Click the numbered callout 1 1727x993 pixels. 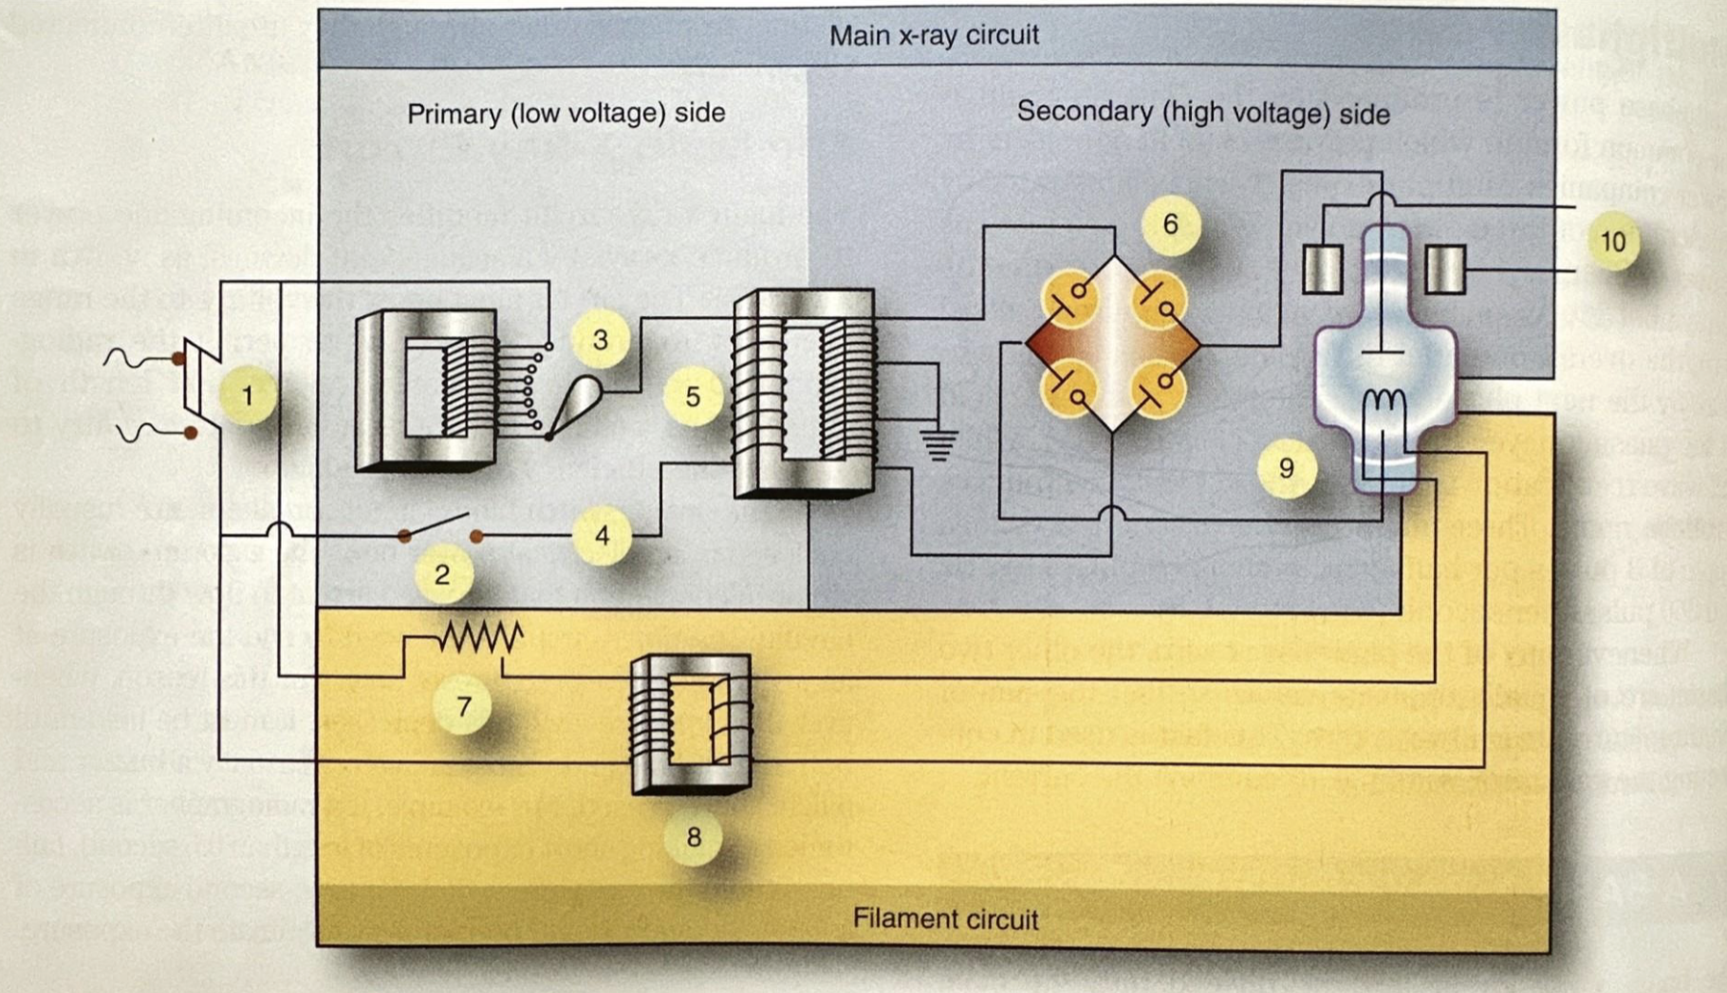tap(248, 395)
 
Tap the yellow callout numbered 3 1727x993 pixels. tap(600, 340)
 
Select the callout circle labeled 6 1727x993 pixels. tap(1170, 224)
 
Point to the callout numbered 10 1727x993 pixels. tap(1612, 241)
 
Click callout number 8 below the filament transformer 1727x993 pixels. tap(694, 836)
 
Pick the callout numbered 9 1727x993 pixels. tap(1286, 467)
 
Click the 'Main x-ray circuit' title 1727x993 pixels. tap(934, 36)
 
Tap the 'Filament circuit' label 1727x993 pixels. tap(945, 918)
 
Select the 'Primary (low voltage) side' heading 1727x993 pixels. tap(566, 113)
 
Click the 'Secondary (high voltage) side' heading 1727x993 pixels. tap(1202, 113)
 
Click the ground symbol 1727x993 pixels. tap(938, 444)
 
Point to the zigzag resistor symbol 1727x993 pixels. tap(481, 637)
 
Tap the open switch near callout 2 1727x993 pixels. tap(439, 528)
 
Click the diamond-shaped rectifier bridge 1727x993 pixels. tap(1113, 345)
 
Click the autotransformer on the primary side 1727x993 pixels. tap(427, 389)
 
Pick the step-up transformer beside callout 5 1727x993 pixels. tap(803, 394)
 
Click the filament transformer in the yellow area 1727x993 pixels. tap(691, 723)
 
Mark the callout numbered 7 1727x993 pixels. tap(463, 706)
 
